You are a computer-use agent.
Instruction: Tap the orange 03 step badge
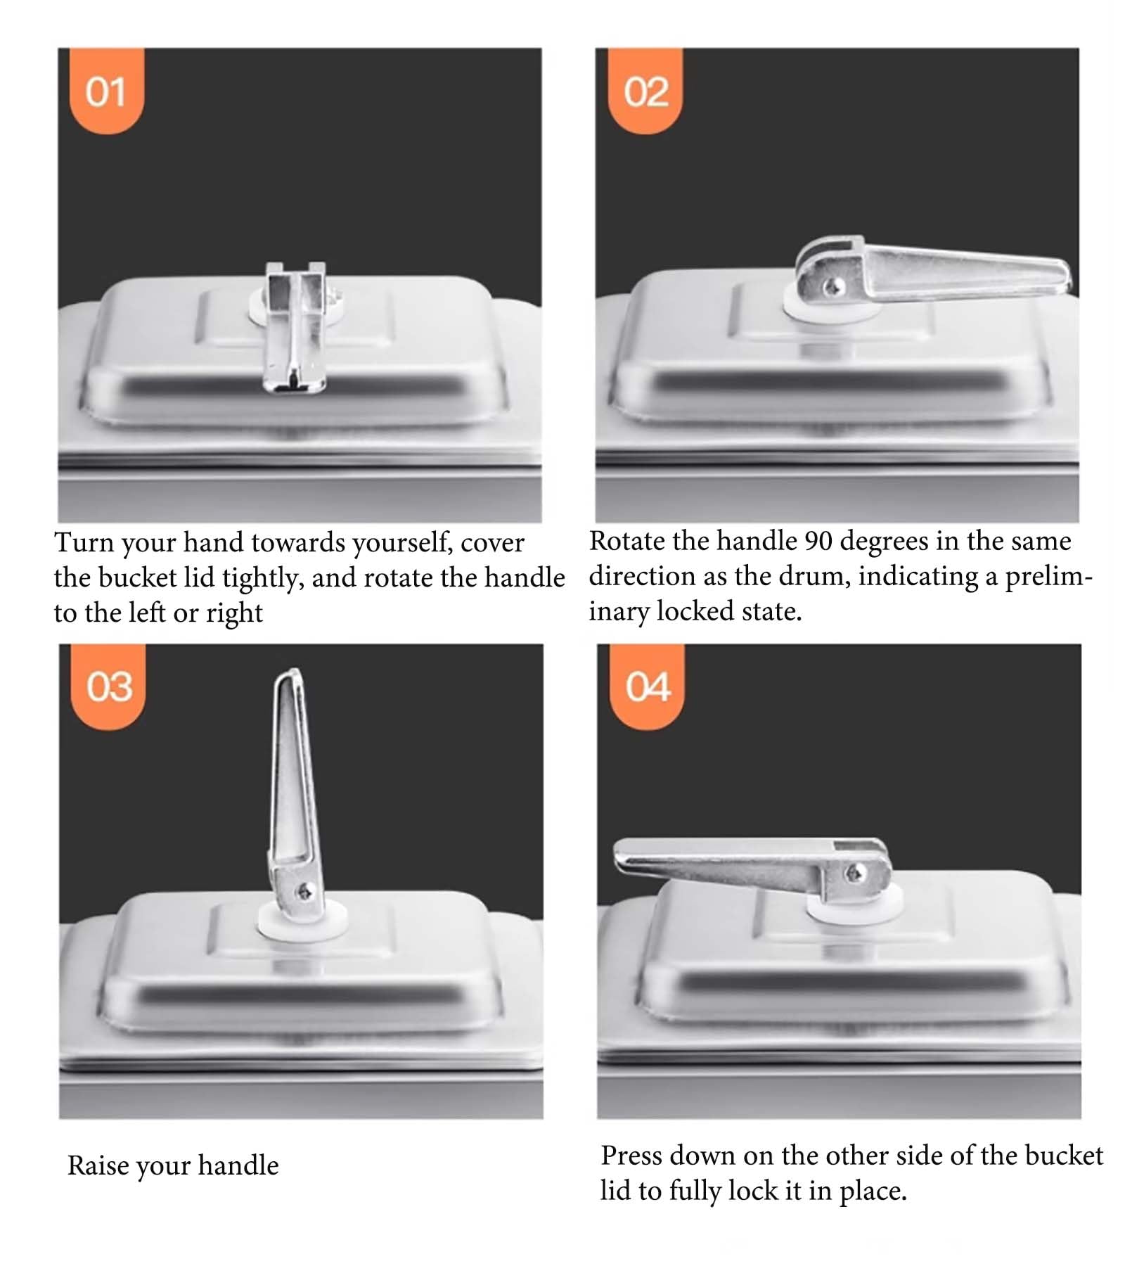click(x=108, y=686)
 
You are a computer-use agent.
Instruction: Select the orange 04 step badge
click(x=647, y=686)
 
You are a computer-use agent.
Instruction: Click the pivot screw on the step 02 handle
click(x=834, y=286)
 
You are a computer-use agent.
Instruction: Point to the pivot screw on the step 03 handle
click(x=305, y=892)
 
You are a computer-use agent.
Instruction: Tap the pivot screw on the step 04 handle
click(x=854, y=874)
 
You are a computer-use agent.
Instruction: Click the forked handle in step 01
click(x=295, y=327)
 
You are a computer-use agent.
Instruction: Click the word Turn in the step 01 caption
click(x=84, y=542)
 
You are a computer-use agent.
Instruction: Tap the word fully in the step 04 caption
click(x=695, y=1191)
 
